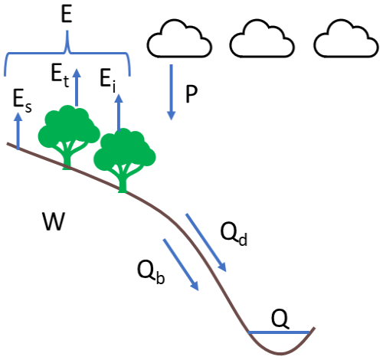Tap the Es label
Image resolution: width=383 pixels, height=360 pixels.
[23, 99]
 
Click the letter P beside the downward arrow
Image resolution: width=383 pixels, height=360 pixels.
[191, 93]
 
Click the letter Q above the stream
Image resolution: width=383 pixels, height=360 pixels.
[281, 318]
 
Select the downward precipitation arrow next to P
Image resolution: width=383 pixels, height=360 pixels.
[172, 93]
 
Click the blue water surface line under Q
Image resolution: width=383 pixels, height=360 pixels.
[280, 332]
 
